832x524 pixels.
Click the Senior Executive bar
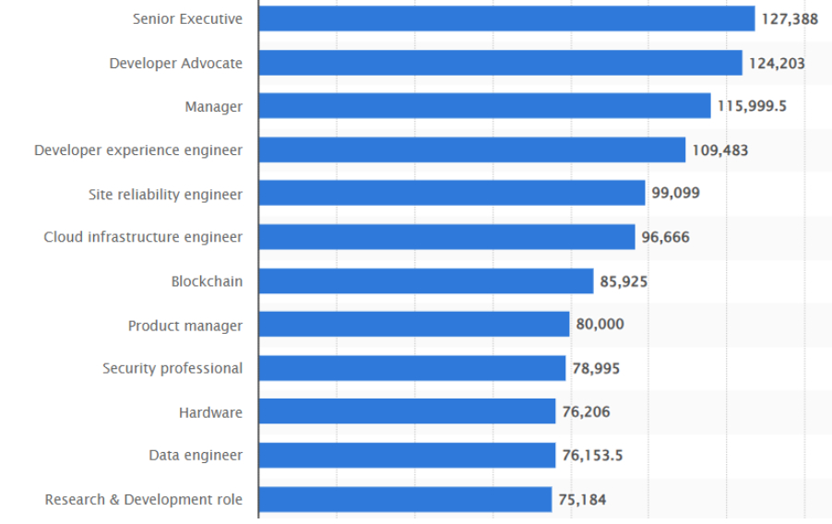[x=506, y=18]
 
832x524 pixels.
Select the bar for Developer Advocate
[x=500, y=63]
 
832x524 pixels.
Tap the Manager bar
[x=484, y=106]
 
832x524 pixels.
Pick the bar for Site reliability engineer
[x=451, y=193]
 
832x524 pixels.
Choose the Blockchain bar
[x=425, y=280]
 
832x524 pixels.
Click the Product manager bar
[x=413, y=324]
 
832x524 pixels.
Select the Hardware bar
[x=407, y=411]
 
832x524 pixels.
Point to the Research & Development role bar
[x=405, y=499]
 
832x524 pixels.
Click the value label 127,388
[x=789, y=18]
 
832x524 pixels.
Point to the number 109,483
[x=719, y=149]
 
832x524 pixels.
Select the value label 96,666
[x=665, y=237]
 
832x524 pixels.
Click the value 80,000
[x=600, y=324]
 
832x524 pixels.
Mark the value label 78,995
[x=596, y=368]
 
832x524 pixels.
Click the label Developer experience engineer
[x=138, y=149]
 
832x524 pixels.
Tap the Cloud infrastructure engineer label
[x=143, y=237]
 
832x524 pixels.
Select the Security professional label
[x=172, y=368]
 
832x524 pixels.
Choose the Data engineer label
[x=196, y=455]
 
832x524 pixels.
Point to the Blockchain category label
[x=207, y=280]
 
